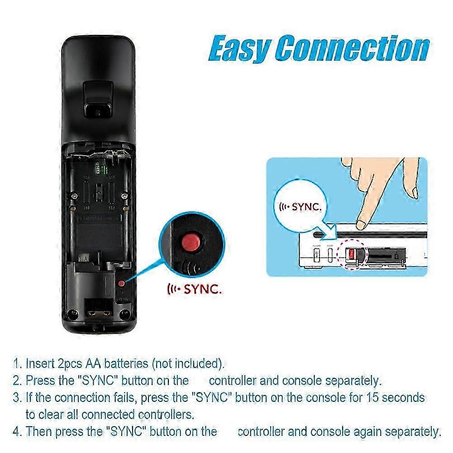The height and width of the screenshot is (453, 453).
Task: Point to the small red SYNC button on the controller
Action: pyautogui.click(x=121, y=283)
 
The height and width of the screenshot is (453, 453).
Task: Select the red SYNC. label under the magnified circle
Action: pyautogui.click(x=195, y=289)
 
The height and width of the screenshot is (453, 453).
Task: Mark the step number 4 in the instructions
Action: pyautogui.click(x=16, y=431)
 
